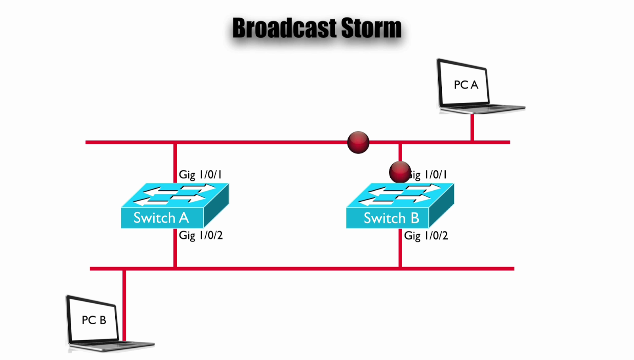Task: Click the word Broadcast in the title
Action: pyautogui.click(x=285, y=28)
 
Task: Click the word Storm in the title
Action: pyautogui.click(x=371, y=28)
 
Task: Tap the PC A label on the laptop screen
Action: pyautogui.click(x=466, y=85)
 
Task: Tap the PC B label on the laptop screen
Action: pyautogui.click(x=94, y=320)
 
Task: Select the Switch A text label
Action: pyautogui.click(x=161, y=218)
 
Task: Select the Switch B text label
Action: pyautogui.click(x=391, y=218)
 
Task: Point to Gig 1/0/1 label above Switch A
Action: pyautogui.click(x=200, y=174)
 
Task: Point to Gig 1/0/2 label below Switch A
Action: pyautogui.click(x=201, y=235)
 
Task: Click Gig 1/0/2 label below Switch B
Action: pyautogui.click(x=426, y=236)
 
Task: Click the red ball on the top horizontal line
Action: pyautogui.click(x=358, y=142)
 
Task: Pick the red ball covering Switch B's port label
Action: pyautogui.click(x=399, y=172)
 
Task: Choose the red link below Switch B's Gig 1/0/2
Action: pyautogui.click(x=401, y=254)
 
